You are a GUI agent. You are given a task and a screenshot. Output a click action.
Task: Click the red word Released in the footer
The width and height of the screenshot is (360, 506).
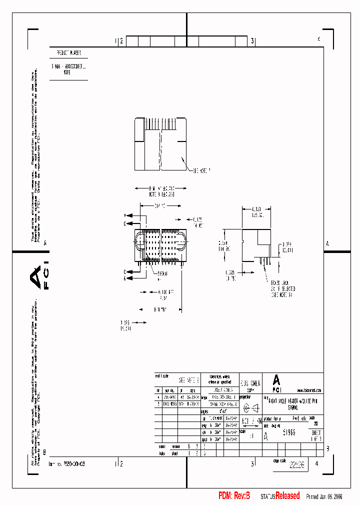(x=287, y=495)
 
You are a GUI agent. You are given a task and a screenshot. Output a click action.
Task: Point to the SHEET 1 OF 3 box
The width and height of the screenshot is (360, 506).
(x=316, y=435)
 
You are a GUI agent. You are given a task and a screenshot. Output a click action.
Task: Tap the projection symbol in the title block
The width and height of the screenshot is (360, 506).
(x=251, y=407)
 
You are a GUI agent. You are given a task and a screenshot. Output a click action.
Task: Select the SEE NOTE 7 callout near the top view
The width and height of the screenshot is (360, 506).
(x=201, y=171)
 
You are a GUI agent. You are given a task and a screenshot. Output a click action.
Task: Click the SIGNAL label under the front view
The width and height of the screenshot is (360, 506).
(x=163, y=274)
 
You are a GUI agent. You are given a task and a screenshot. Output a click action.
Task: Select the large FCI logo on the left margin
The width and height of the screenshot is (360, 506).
(x=36, y=278)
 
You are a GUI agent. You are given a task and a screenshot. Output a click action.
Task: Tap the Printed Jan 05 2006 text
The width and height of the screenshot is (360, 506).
(x=324, y=496)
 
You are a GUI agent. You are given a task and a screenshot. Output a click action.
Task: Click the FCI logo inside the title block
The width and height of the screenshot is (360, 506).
(x=276, y=383)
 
